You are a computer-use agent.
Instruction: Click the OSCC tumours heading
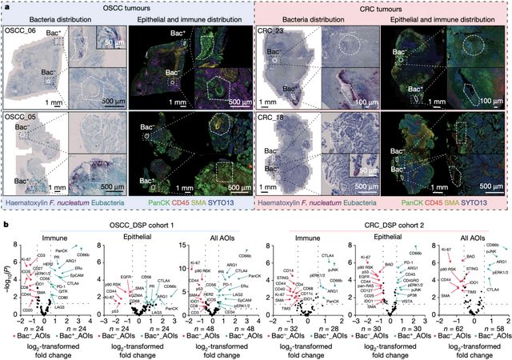click(129, 7)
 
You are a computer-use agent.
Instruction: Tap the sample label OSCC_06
click(21, 30)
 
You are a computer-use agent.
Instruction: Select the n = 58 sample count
click(486, 327)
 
